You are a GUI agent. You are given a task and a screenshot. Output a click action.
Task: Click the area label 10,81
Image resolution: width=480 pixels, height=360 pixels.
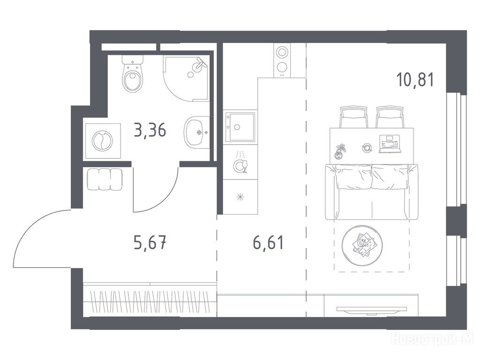[x=415, y=80]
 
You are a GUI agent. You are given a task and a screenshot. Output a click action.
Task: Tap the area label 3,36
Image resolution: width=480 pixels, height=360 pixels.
[x=150, y=130]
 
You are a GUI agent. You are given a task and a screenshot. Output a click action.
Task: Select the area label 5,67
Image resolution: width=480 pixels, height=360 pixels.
[x=150, y=244]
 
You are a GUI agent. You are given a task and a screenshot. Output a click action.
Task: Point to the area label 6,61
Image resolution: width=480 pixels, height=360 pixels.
[x=269, y=243]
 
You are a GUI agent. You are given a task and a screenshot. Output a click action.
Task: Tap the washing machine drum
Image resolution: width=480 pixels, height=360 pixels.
[x=102, y=141]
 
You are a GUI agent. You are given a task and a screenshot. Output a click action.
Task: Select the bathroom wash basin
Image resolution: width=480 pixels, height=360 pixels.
[x=197, y=132]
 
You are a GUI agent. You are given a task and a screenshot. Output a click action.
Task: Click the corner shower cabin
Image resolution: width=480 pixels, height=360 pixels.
[x=187, y=78]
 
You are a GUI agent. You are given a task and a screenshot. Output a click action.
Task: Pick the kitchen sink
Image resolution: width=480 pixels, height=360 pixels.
[x=240, y=127]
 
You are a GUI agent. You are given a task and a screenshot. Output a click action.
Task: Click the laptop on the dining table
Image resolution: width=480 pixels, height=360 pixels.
[x=390, y=144]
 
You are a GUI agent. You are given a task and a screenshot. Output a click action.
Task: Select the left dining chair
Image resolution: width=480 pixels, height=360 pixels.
[x=353, y=117]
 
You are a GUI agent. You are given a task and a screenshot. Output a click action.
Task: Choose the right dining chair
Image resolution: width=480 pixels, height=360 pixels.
[x=390, y=117]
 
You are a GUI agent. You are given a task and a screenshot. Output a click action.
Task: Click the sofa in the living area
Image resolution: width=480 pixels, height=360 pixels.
[x=372, y=192]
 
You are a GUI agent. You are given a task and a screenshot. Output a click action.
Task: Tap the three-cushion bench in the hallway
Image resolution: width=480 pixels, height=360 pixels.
[x=105, y=180]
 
